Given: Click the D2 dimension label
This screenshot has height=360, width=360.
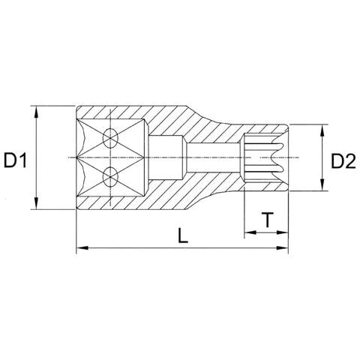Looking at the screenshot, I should point(343,160).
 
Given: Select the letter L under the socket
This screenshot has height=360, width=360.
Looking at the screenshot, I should point(182,235).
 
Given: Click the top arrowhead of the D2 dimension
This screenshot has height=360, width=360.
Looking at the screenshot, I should point(322,129).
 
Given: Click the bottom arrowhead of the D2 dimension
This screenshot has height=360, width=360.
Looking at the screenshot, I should point(322,189).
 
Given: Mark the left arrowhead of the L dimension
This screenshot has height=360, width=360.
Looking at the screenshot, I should point(81,247).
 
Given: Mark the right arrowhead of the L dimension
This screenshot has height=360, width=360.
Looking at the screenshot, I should point(284,247).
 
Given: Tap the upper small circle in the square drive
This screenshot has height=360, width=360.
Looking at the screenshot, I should point(111,139).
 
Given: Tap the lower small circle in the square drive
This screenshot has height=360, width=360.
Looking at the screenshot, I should point(111,178).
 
